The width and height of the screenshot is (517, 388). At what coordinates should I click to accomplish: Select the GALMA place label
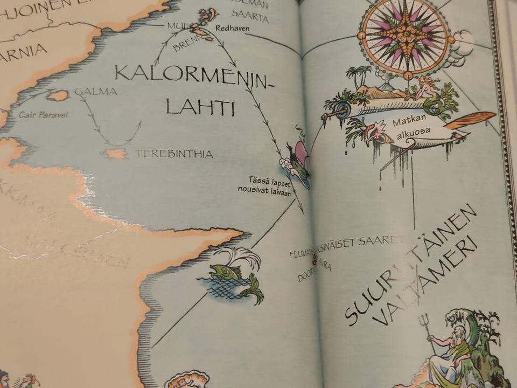click(x=96, y=92)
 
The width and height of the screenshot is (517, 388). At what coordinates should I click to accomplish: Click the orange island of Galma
click(x=57, y=95)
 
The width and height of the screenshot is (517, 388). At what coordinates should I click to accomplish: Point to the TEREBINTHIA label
click(x=173, y=154)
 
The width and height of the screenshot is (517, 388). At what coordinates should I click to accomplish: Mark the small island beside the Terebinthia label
click(x=115, y=154)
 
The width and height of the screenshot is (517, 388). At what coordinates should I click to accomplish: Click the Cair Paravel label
click(x=43, y=115)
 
